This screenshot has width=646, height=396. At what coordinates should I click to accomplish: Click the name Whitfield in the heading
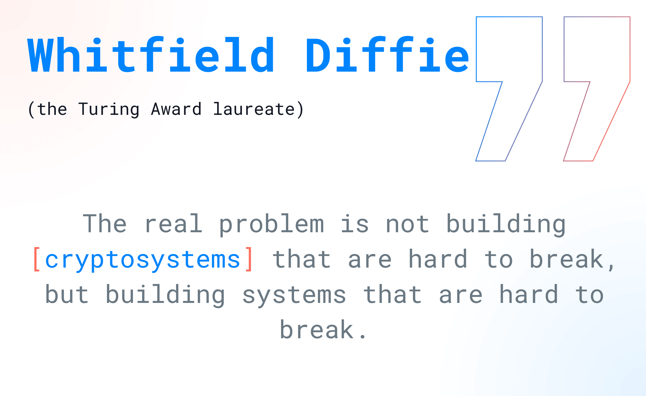pos(151,55)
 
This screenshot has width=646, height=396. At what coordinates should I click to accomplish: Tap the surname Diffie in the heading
pos(387,55)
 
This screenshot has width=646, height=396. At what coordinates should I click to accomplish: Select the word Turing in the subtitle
pos(109,110)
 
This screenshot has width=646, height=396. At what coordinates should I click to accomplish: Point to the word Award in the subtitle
pos(176,109)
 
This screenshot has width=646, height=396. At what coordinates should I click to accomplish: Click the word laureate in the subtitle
pos(254,109)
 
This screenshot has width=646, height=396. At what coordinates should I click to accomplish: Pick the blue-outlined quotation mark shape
pos(509,89)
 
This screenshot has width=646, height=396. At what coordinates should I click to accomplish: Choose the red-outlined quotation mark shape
pos(597,89)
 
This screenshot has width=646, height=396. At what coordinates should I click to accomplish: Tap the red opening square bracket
pos(37,259)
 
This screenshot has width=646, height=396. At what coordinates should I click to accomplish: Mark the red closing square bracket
pos(249,259)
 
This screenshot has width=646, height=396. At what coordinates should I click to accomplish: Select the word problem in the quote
pos(272,224)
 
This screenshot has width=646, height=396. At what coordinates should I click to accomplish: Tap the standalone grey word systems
pos(294,295)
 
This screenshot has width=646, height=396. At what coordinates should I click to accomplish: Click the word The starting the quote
pos(105,223)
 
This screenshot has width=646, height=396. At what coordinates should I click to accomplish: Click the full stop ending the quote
pos(363,337)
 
